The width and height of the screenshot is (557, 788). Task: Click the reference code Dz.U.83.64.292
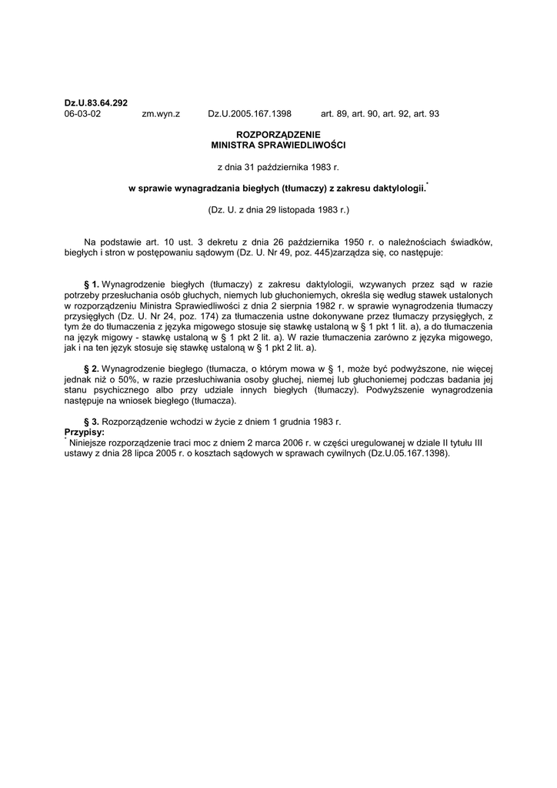[x=95, y=102]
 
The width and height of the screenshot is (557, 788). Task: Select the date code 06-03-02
[x=82, y=113]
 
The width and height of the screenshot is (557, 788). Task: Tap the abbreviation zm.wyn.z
[x=161, y=113]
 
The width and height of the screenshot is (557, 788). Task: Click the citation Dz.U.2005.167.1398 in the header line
[x=249, y=113]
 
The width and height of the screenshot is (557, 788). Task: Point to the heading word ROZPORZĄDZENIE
[x=278, y=135]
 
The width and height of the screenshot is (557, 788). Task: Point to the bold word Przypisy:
[x=84, y=432]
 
